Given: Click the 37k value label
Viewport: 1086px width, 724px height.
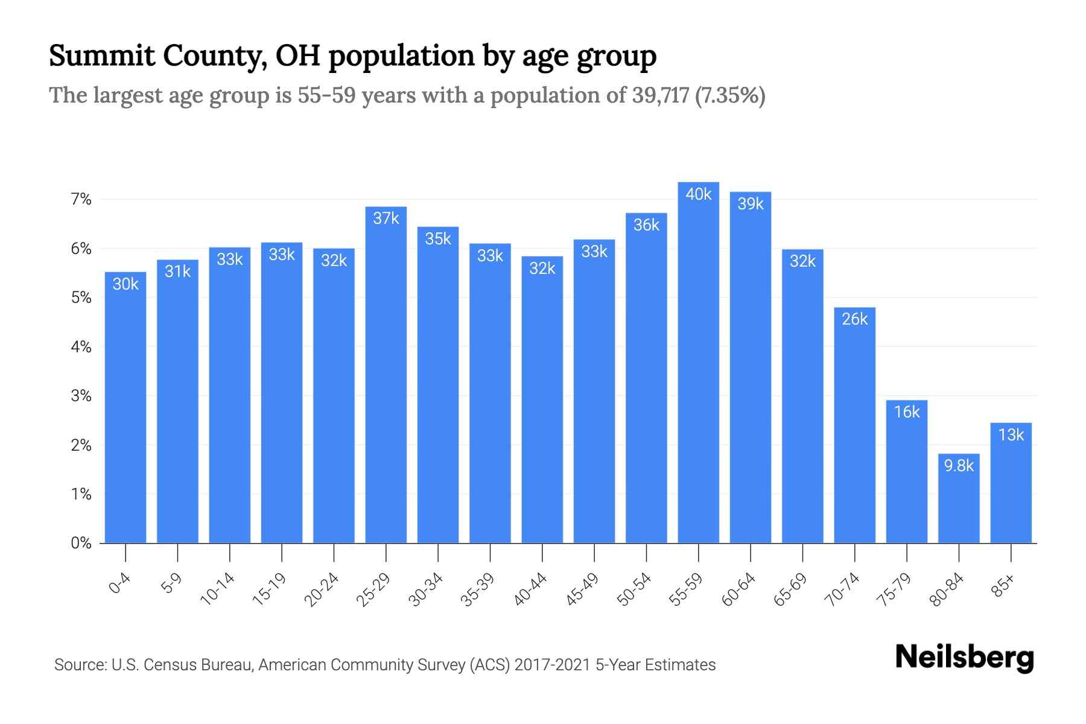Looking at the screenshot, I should pyautogui.click(x=386, y=218).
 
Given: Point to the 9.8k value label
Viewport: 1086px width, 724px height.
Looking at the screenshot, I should pyautogui.click(x=959, y=466).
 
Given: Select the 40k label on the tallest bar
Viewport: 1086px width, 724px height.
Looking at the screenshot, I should pyautogui.click(x=698, y=194).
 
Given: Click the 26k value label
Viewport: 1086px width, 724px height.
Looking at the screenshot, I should pyautogui.click(x=854, y=319).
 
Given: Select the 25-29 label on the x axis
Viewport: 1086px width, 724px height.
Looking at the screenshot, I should pyautogui.click(x=374, y=589).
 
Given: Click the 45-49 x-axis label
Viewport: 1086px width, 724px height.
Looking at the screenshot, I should pyautogui.click(x=583, y=589).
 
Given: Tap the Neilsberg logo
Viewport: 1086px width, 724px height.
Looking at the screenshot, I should pyautogui.click(x=964, y=657).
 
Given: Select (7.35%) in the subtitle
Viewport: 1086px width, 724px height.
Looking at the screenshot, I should pyautogui.click(x=730, y=95).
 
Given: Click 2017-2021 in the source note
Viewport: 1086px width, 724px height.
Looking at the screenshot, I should pyautogui.click(x=552, y=665).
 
